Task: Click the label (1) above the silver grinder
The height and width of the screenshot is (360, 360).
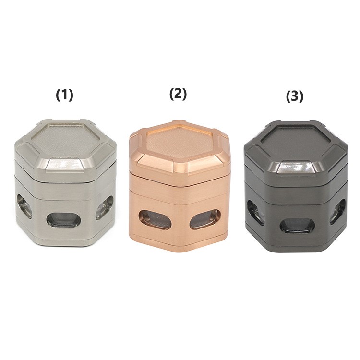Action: tap(64, 95)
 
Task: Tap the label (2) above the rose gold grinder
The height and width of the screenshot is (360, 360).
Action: tap(178, 94)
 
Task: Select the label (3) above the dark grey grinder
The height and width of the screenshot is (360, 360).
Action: tap(295, 96)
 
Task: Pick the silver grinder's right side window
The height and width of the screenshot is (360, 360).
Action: tap(105, 207)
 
